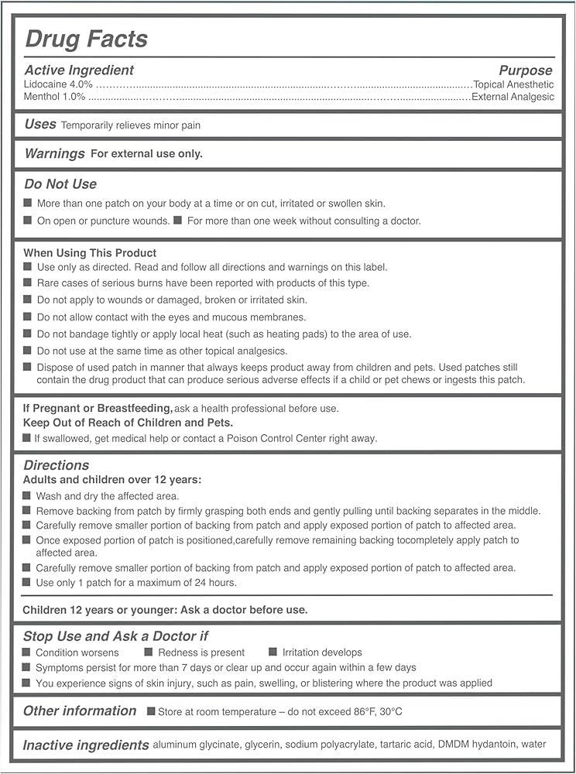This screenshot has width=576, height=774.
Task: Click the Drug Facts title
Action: pos(86,39)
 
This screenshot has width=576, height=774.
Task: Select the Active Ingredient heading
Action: pos(79,70)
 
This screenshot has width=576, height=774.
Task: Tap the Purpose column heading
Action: pos(526,70)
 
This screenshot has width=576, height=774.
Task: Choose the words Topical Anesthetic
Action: pos(514,84)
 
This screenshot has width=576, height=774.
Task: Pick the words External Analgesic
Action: pos(513,98)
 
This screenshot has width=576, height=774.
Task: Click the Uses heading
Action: pos(40,124)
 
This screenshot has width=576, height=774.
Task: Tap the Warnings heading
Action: pos(55,153)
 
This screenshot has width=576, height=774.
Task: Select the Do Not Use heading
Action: pos(60,184)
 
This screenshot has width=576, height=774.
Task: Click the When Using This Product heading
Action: pos(90,253)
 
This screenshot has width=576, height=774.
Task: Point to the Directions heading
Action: pos(57,465)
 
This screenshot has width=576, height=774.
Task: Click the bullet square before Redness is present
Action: pos(149,652)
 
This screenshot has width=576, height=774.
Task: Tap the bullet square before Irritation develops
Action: pos(273,652)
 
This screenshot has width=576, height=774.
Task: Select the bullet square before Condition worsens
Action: pos(27,652)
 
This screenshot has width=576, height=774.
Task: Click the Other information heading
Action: pos(80,711)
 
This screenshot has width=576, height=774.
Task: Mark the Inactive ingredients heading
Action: pos(86,745)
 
